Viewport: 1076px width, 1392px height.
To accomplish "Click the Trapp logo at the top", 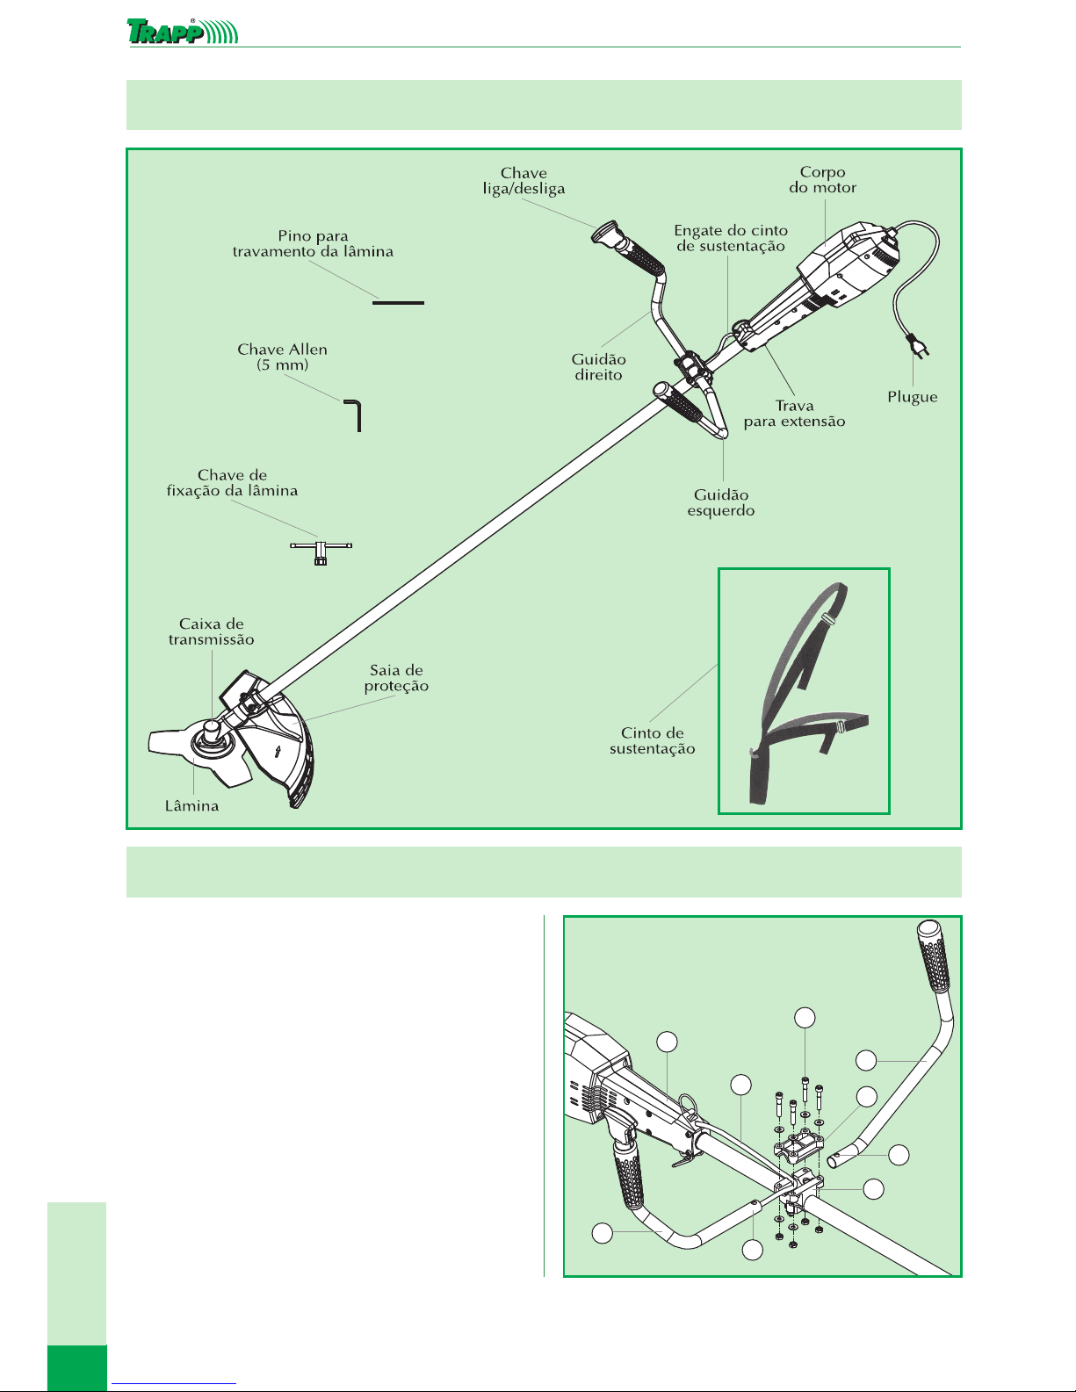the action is coord(183,32).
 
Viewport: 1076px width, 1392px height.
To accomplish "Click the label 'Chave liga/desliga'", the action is coord(524,181).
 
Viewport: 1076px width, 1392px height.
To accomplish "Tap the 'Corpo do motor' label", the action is coord(822,180).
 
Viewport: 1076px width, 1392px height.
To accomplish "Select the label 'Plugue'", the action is coord(912,397).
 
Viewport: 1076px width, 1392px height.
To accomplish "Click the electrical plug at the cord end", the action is coord(919,346).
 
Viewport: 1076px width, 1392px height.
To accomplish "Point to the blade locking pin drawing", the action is coord(399,302).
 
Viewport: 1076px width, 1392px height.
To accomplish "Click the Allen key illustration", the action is coord(353,415).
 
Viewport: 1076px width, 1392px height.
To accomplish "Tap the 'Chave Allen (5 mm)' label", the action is coord(283,357).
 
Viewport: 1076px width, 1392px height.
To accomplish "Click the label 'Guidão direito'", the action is coord(599,367).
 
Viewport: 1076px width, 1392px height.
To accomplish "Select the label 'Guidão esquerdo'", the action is coord(721,503).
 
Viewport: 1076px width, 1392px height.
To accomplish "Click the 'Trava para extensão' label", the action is coord(794,414).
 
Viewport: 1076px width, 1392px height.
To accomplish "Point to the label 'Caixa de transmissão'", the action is coord(212,631).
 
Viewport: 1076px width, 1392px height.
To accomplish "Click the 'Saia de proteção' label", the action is coord(396,678).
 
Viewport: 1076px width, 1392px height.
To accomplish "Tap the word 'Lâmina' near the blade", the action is coord(192,806).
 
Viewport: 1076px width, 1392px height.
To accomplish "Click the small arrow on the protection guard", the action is coord(278,751).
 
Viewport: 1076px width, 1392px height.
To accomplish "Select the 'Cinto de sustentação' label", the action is coord(652,741).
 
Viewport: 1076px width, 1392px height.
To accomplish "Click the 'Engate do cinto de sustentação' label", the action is coord(731,238).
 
